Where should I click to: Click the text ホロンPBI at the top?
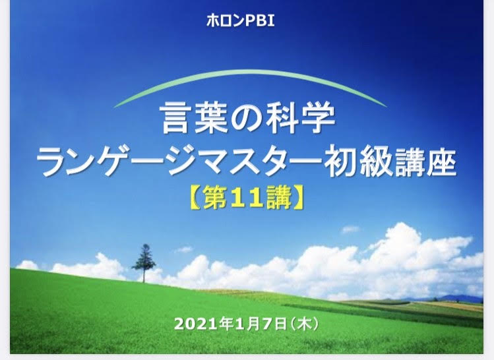coord(240,21)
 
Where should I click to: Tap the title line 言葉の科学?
coord(247,119)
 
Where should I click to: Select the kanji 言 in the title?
coord(175,119)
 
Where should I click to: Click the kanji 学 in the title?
coord(319,119)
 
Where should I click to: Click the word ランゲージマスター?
coord(179,164)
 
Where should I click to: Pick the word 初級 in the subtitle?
coord(358,163)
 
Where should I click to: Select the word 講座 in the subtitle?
coord(425,163)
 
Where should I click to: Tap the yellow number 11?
coord(247,198)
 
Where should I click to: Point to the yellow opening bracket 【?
coord(195,198)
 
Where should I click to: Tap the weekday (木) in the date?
coord(304,324)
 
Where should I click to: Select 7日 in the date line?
coord(274,324)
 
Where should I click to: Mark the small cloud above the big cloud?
coord(350,229)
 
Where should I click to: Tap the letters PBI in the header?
coord(260,21)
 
